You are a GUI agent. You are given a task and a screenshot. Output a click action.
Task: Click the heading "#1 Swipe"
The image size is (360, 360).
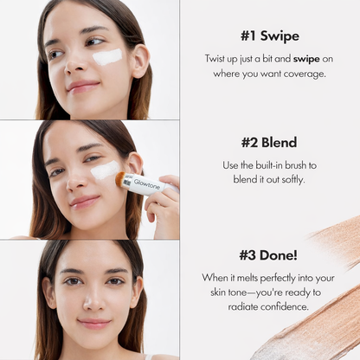tap(270, 36)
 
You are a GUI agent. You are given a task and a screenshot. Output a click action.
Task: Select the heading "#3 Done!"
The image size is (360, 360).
tap(270, 255)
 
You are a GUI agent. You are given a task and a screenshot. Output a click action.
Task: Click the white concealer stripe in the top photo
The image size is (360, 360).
tap(107, 57)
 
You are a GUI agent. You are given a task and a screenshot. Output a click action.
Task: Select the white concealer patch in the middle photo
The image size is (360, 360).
tap(104, 170)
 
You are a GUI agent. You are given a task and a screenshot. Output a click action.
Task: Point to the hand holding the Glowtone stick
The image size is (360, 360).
tap(164, 203)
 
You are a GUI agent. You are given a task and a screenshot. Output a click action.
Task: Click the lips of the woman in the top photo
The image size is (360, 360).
tap(82, 87)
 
